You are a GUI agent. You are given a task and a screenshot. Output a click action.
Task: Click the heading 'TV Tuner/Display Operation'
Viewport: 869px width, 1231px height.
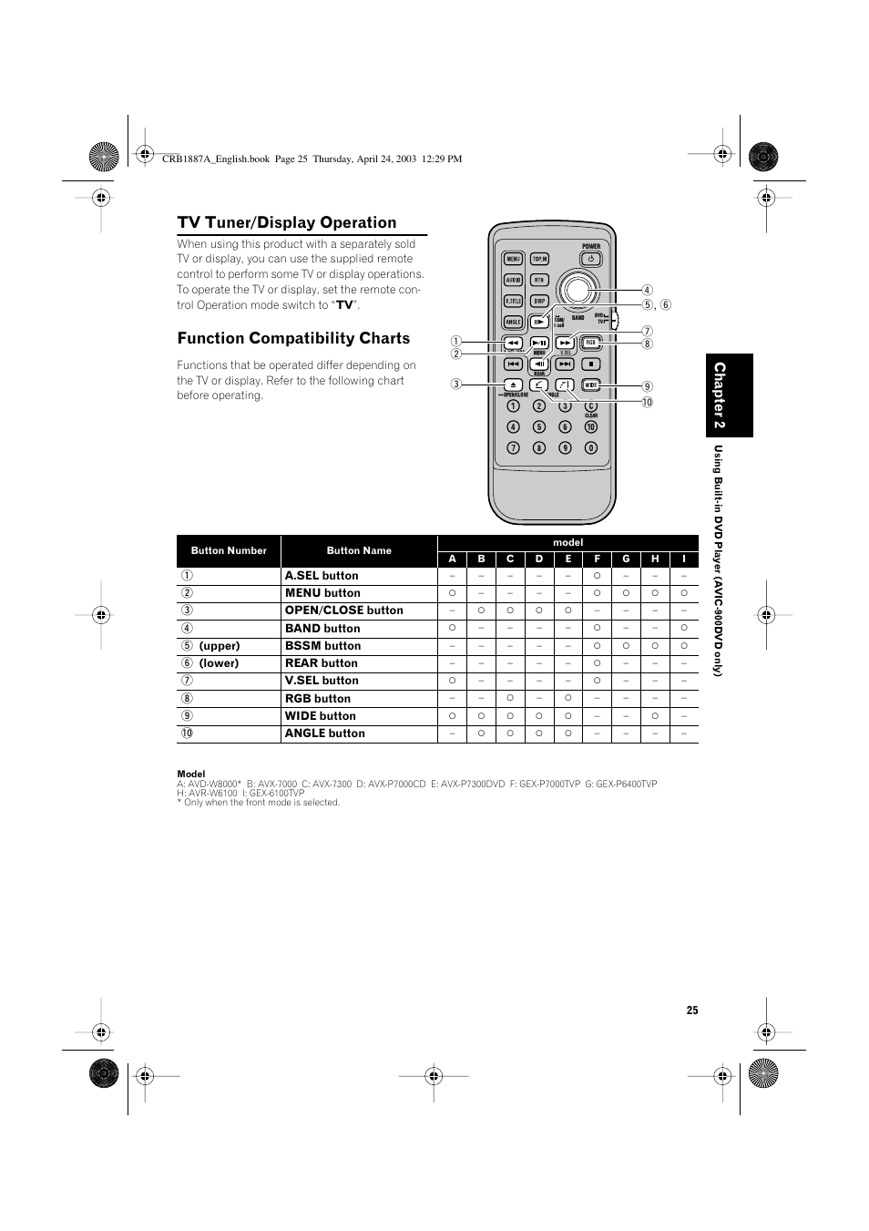[287, 222]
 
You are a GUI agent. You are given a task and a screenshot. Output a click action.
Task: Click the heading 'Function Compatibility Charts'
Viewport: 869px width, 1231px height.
[293, 338]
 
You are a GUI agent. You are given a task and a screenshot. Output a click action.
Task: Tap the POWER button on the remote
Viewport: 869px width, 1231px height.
[590, 259]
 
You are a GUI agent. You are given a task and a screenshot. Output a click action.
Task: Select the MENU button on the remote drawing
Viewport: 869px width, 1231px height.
[513, 259]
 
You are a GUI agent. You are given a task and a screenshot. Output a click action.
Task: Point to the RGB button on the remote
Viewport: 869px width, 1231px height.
[590, 343]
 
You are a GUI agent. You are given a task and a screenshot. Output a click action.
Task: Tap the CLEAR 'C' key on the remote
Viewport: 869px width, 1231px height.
[590, 406]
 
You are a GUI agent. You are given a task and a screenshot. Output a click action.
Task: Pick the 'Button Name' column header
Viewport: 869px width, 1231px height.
[359, 550]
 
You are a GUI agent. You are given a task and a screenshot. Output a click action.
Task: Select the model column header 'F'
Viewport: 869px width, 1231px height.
[597, 559]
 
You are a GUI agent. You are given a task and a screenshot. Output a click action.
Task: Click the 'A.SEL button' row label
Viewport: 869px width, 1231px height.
[322, 576]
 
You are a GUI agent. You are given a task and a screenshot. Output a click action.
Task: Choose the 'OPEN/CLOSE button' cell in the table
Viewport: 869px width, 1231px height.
[343, 610]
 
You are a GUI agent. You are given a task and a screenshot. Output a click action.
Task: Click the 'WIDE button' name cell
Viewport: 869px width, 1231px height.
[320, 716]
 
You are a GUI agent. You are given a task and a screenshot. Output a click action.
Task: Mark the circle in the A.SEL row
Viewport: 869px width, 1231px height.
[597, 576]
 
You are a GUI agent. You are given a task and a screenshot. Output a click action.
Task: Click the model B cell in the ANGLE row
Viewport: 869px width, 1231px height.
[481, 733]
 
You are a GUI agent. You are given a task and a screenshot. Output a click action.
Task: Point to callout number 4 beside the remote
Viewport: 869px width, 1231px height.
[648, 291]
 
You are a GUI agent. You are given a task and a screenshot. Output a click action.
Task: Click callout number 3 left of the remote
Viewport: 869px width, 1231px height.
[455, 384]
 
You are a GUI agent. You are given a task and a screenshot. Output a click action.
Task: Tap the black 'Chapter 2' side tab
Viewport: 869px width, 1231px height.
[728, 396]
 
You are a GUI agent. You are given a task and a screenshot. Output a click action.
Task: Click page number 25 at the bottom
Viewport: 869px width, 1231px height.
[692, 1010]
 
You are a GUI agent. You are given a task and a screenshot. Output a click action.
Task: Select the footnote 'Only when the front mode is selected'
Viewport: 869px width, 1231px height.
[261, 803]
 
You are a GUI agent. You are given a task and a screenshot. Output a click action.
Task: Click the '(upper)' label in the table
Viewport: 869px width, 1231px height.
[220, 646]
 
